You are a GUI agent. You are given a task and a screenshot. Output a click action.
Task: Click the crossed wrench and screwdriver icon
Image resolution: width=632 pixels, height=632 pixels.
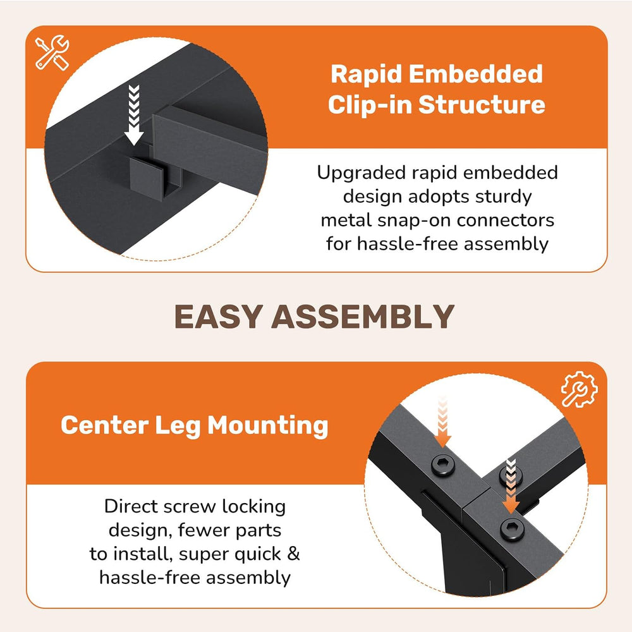(x=52, y=52)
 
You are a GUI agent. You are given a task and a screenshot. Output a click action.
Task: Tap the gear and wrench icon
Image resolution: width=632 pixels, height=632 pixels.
(x=579, y=389)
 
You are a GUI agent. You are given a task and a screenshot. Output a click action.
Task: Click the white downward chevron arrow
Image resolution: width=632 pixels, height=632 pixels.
(x=134, y=115)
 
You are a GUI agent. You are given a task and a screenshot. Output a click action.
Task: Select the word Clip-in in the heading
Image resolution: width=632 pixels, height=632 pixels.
(x=370, y=105)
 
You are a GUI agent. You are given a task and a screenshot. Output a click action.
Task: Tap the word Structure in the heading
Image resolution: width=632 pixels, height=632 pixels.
(x=482, y=105)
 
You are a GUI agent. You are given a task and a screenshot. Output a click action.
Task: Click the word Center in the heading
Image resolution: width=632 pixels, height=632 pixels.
(x=105, y=425)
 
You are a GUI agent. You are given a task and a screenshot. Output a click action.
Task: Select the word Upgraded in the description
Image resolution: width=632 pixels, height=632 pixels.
(x=361, y=173)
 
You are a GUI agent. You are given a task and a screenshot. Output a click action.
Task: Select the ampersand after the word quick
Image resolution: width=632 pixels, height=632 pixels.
(x=293, y=554)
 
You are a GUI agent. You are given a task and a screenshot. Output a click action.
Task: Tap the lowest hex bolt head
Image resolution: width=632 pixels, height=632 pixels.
(x=512, y=529)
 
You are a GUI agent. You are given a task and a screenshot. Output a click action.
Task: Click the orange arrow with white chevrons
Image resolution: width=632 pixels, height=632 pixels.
(x=511, y=485)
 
